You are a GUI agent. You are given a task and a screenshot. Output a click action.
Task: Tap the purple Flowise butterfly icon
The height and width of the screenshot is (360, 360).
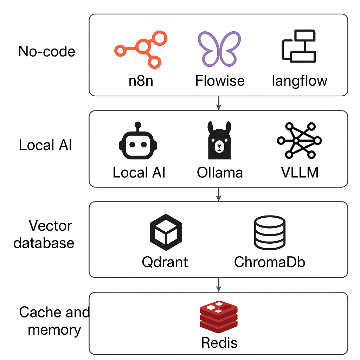click(219, 49)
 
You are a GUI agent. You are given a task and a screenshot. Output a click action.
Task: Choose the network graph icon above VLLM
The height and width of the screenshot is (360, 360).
click(299, 140)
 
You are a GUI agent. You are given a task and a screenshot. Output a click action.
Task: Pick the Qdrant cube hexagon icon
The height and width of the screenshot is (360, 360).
click(166, 232)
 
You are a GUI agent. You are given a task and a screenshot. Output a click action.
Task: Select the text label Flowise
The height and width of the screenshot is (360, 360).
click(220, 81)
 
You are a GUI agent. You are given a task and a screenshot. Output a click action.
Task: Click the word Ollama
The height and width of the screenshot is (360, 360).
click(220, 173)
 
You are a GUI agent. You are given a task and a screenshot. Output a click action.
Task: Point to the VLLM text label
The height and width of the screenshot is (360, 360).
click(300, 173)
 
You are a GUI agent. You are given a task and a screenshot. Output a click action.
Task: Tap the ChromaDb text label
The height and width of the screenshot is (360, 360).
click(270, 262)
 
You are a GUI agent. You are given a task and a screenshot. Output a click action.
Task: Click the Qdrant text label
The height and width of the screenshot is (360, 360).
click(165, 262)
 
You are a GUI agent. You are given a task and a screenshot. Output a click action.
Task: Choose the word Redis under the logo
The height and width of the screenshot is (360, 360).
click(219, 343)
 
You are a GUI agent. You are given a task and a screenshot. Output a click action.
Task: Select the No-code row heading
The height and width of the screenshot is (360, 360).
click(47, 52)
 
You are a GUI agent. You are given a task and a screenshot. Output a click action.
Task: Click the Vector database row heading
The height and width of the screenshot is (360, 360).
click(44, 234)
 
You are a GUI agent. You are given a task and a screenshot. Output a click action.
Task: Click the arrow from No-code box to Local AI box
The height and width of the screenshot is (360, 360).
click(219, 103)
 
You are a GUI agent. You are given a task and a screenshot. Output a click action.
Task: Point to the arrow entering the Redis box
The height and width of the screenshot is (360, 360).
click(219, 284)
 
